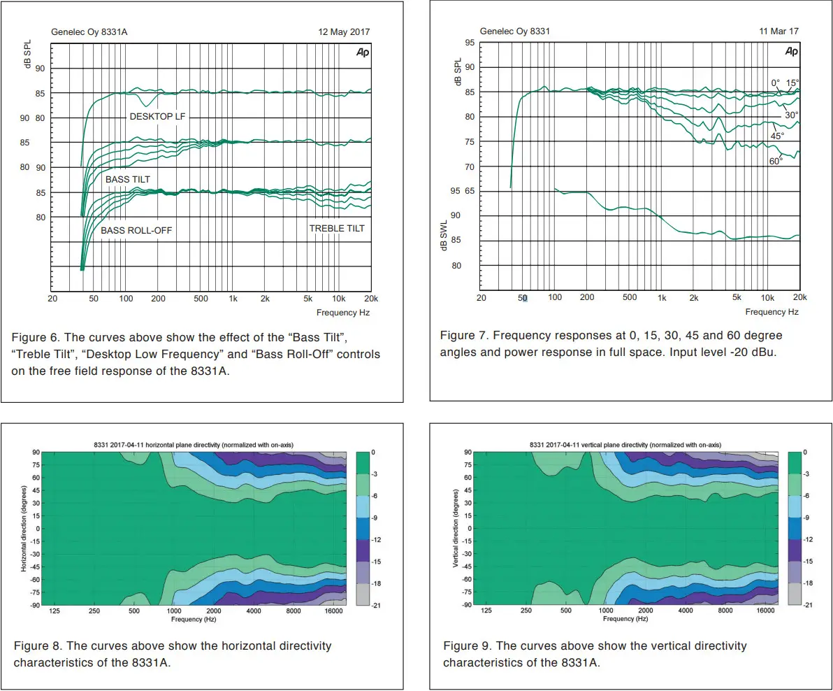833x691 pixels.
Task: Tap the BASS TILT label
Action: pyautogui.click(x=128, y=180)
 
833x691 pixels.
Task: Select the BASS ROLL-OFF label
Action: pyautogui.click(x=136, y=230)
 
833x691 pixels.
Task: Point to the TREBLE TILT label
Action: pyautogui.click(x=338, y=229)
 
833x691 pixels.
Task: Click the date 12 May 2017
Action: pyautogui.click(x=344, y=32)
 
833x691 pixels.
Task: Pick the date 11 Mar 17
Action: pyautogui.click(x=778, y=31)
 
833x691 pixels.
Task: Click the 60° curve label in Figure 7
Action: pyautogui.click(x=776, y=161)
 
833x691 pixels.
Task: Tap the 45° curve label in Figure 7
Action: pyautogui.click(x=777, y=136)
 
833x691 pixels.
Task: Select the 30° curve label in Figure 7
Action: pyautogui.click(x=791, y=115)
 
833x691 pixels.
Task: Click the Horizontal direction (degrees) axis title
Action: pyautogui.click(x=23, y=529)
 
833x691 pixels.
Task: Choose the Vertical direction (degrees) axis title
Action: pyautogui.click(x=455, y=529)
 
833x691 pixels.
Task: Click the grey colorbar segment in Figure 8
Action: pyautogui.click(x=362, y=594)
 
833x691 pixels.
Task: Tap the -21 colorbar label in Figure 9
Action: pyautogui.click(x=808, y=605)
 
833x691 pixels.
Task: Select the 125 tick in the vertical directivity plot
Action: pyautogui.click(x=486, y=611)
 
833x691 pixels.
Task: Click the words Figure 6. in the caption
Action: pyautogui.click(x=33, y=338)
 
